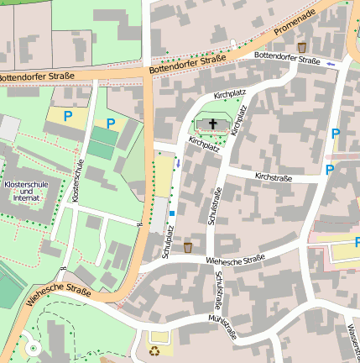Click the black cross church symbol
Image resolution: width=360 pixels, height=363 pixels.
(213, 125)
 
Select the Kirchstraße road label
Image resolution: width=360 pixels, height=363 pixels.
(274, 177)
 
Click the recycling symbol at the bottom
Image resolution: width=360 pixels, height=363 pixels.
(154, 349)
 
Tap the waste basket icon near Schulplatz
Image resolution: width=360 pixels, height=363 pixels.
(188, 248)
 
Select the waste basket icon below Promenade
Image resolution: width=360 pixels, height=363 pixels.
(302, 48)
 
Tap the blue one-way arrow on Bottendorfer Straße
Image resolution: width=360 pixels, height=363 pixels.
(332, 63)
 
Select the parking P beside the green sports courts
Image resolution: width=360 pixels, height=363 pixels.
(110, 124)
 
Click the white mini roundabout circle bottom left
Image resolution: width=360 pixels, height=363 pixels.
(33, 347)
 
